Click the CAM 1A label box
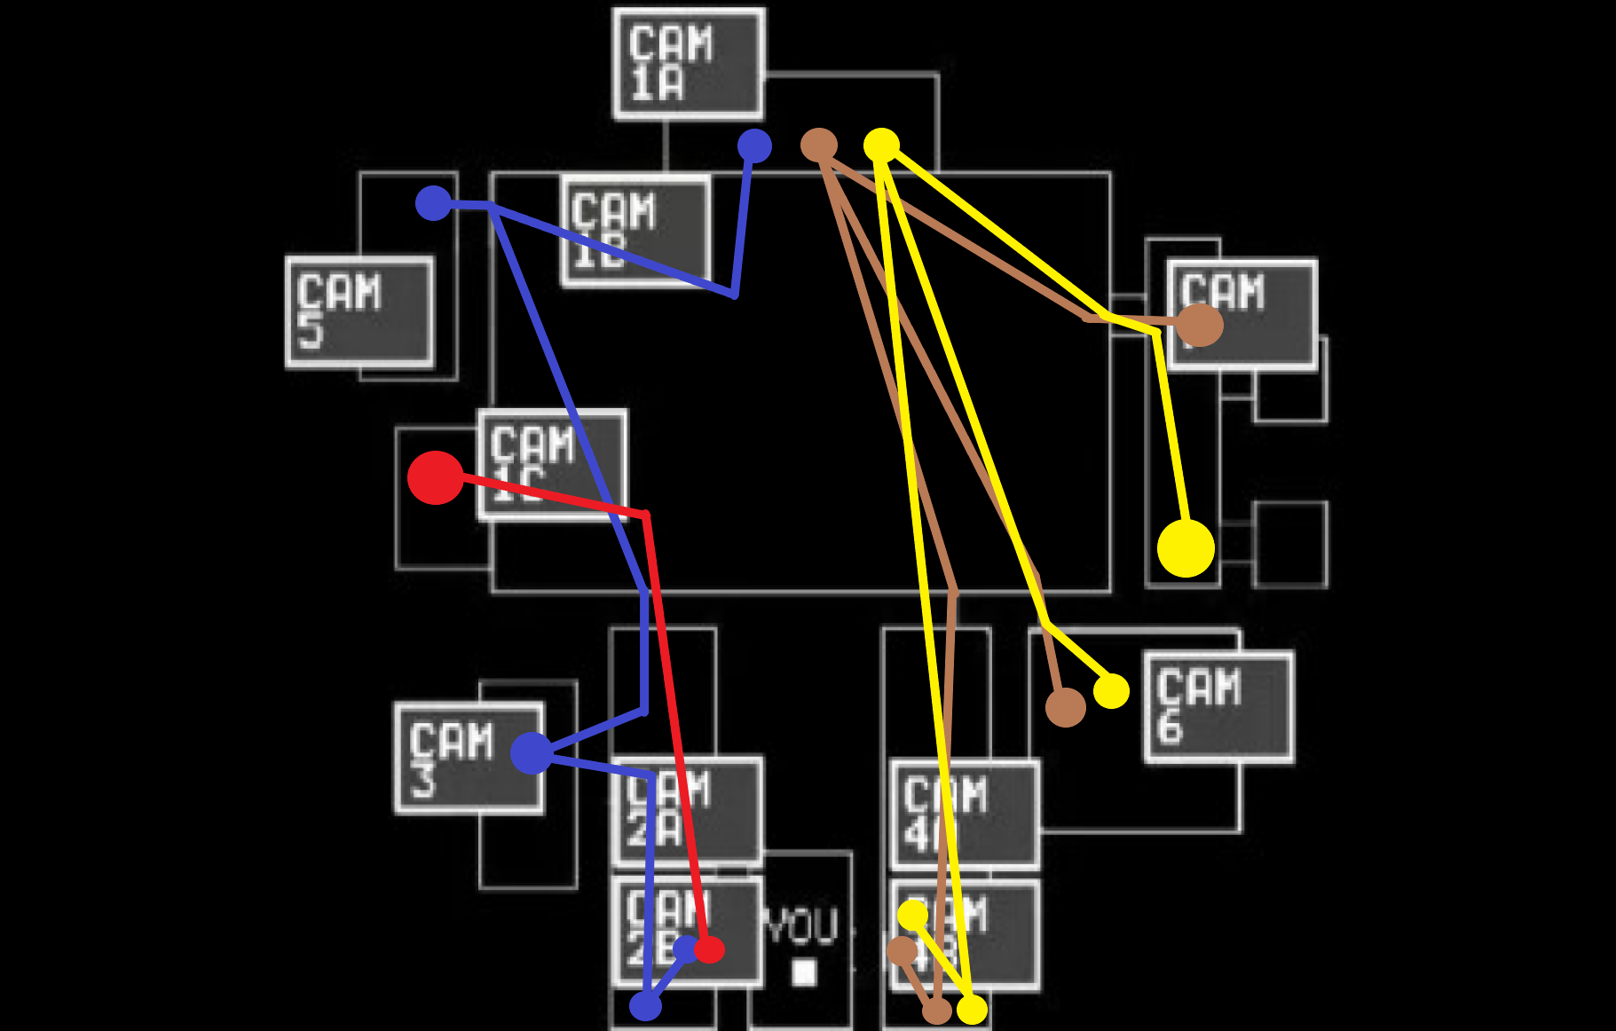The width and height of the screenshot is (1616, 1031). [x=688, y=64]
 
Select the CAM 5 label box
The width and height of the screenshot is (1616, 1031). [x=359, y=311]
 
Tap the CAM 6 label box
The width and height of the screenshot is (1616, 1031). [x=1218, y=707]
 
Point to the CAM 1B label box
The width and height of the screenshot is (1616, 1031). [x=635, y=231]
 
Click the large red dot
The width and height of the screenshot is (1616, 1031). [x=435, y=477]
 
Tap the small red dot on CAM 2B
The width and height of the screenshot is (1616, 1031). [x=709, y=950]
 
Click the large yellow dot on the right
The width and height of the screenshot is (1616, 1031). [x=1186, y=548]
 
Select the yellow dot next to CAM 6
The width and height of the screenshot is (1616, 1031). [x=1111, y=690]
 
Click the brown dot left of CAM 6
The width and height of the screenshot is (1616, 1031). [x=1065, y=707]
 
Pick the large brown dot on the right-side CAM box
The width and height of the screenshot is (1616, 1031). [x=1200, y=325]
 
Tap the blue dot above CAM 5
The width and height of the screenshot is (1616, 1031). [x=433, y=203]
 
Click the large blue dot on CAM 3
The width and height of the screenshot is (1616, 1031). [x=531, y=753]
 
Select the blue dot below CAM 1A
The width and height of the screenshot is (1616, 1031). [x=754, y=146]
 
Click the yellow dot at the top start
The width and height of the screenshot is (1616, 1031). [x=881, y=144]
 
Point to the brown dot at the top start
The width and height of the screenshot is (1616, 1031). [x=818, y=145]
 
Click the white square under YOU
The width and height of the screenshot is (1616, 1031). [x=804, y=972]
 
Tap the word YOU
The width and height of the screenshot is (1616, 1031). [x=801, y=926]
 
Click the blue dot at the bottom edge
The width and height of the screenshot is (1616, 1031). [x=645, y=1006]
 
